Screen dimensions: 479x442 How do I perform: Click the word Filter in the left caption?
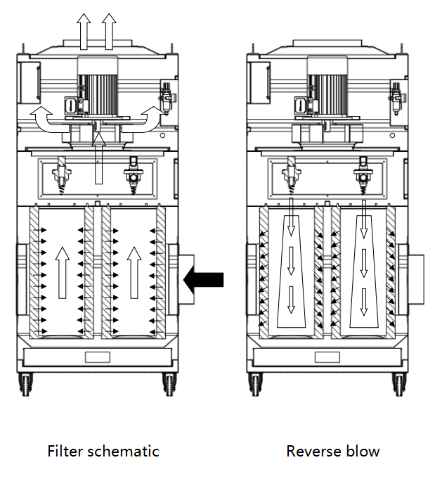point(64,451)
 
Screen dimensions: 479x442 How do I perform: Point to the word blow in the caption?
point(365,451)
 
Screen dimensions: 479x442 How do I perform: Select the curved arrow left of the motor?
point(48,120)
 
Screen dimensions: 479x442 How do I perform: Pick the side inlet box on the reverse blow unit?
point(414,280)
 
